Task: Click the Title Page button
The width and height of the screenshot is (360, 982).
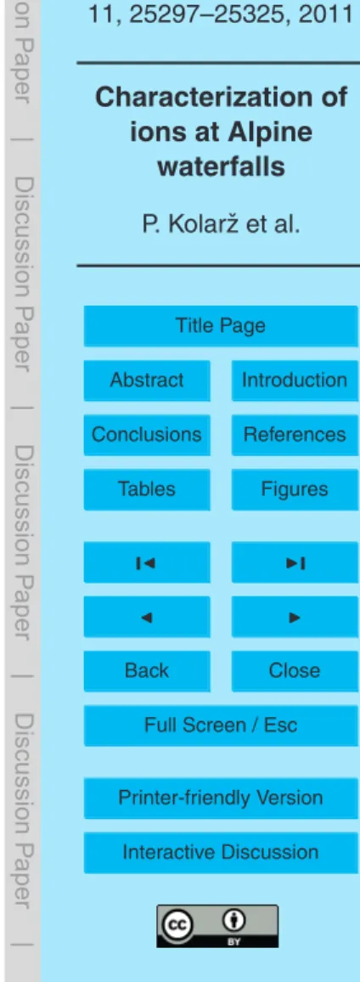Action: point(221,325)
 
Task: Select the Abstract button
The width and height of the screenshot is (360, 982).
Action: point(147,381)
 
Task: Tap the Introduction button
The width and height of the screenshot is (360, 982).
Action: point(295,381)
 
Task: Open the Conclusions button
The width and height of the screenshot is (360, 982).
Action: point(147,435)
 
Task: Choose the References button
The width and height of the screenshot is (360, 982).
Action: point(295,435)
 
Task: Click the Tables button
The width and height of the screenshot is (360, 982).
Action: point(147,489)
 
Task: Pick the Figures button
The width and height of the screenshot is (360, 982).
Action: point(295,489)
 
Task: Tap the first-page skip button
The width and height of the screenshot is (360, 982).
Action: point(147,562)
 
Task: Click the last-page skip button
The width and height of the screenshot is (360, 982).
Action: point(295,562)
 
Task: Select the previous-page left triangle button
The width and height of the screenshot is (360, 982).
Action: point(147,616)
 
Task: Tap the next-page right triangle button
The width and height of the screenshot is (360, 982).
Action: point(295,616)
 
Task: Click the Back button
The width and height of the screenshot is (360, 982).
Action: point(147,671)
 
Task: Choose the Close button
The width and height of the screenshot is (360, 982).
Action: point(295,671)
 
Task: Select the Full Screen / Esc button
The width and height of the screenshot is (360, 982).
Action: point(221,725)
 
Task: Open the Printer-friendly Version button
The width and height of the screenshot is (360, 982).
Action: point(221,798)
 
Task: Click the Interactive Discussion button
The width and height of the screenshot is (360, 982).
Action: point(221,852)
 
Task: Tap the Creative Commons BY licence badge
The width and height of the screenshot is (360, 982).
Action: point(222,908)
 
